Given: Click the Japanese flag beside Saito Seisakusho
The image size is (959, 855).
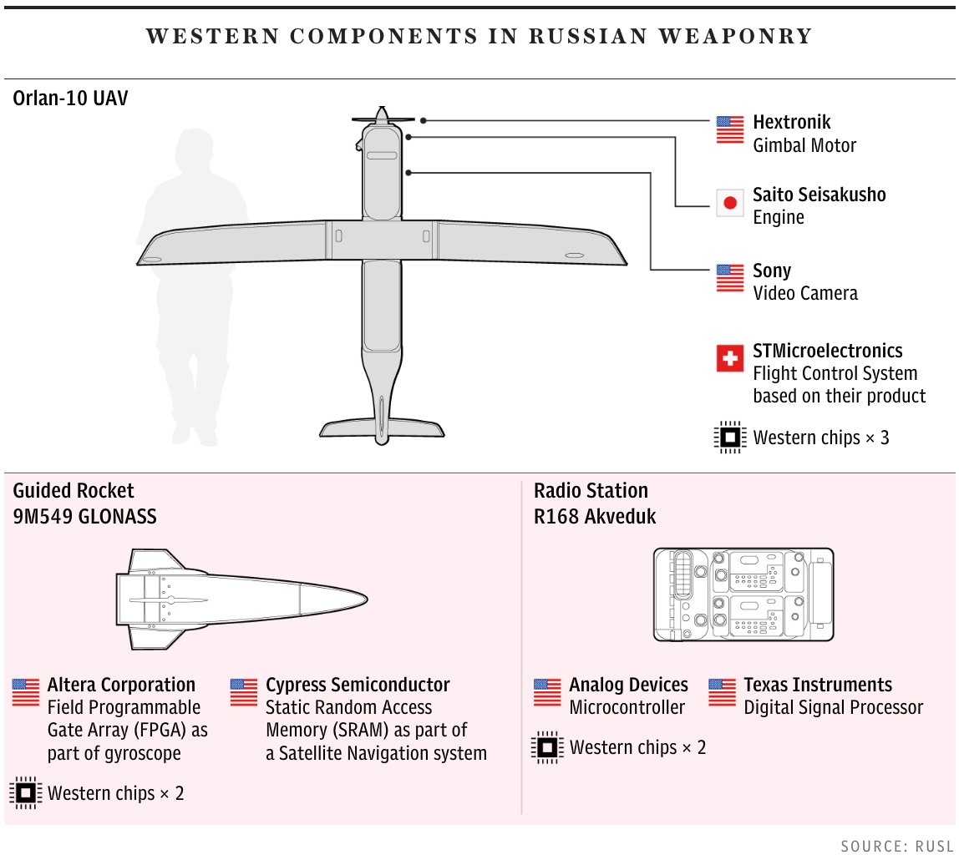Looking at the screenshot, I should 730,203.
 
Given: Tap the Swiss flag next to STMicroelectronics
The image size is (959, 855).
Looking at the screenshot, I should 730,358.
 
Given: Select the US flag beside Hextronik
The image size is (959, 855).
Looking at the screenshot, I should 730,129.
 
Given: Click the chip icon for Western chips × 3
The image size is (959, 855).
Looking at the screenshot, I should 729,437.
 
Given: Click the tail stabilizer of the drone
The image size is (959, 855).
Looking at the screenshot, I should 382,427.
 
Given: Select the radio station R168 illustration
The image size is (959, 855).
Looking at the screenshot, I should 743,594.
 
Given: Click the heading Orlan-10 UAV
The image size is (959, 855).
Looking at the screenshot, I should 71,99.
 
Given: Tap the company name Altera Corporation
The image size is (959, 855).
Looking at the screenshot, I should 121,686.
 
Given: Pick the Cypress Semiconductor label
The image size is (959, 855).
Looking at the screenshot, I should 358,686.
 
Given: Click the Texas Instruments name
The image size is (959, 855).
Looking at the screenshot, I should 818,686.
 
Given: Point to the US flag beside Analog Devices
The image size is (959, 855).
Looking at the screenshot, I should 547,692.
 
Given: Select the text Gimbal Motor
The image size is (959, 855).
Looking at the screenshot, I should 804,145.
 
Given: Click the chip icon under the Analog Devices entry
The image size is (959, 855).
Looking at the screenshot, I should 547,747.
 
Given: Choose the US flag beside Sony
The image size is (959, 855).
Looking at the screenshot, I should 730,278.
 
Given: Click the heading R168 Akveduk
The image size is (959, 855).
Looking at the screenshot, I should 595,517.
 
